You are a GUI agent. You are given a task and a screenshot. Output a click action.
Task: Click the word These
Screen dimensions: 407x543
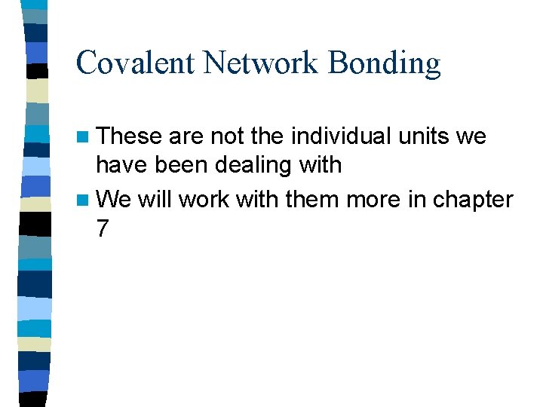point(130,136)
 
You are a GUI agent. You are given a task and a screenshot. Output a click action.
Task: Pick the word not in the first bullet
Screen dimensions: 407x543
point(225,136)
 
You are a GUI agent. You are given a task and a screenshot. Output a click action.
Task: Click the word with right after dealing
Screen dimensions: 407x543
point(321,164)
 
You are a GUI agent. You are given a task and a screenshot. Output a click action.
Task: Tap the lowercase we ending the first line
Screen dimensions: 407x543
point(472,137)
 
